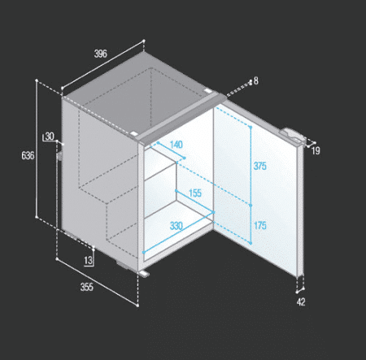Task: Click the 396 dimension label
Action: point(101,54)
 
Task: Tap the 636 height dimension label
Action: point(28,155)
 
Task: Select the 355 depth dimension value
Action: point(87,287)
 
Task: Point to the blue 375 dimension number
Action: point(260,166)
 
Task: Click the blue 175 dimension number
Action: point(260,225)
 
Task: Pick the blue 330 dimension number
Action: point(176,226)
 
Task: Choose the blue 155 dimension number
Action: point(195,193)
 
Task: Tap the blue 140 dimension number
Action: point(176,145)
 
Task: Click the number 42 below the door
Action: point(301,301)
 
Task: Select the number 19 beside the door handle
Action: point(316,151)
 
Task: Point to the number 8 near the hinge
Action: point(255,80)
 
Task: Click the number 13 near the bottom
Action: point(88,261)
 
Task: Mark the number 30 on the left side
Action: point(50,137)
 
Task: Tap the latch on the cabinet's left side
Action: point(59,156)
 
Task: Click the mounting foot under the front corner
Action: point(144,274)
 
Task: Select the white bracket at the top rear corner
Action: point(208,91)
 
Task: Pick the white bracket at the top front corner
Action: point(133,134)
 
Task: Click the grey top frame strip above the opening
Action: point(181,118)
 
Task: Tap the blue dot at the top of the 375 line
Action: point(251,127)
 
